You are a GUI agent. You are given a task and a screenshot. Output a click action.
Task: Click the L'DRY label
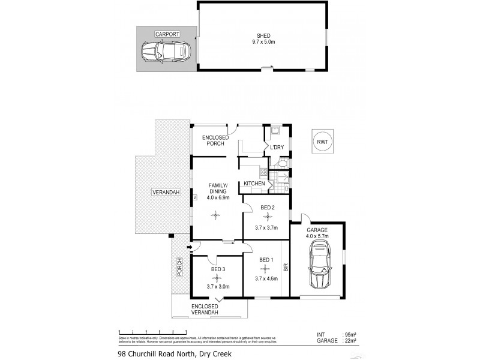tap(277, 147)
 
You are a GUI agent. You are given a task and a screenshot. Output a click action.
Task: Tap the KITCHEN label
tap(253, 184)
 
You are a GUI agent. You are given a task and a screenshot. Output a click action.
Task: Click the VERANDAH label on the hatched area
tap(162, 192)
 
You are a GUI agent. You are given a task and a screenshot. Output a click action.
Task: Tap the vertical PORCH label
tap(179, 266)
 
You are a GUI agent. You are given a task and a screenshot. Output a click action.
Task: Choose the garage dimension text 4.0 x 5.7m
tap(317, 235)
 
